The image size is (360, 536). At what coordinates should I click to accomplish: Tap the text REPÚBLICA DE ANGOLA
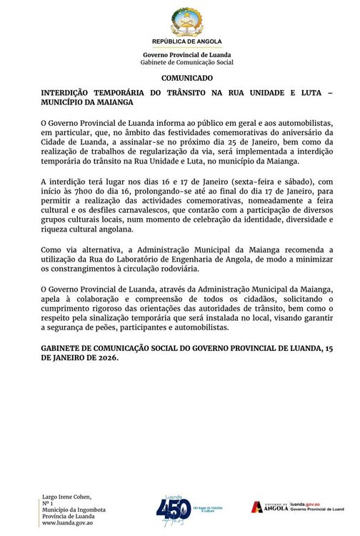(x=186, y=42)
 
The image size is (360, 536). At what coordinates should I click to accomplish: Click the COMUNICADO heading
(x=186, y=77)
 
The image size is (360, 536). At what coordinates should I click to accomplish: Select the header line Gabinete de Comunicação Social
(x=186, y=62)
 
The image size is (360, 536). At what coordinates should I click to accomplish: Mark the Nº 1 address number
(x=49, y=502)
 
